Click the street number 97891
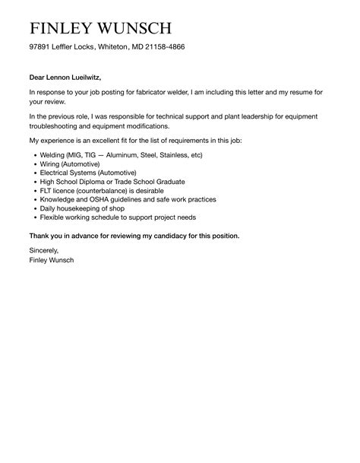click(40, 47)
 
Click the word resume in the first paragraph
click(302, 92)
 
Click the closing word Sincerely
click(43, 250)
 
